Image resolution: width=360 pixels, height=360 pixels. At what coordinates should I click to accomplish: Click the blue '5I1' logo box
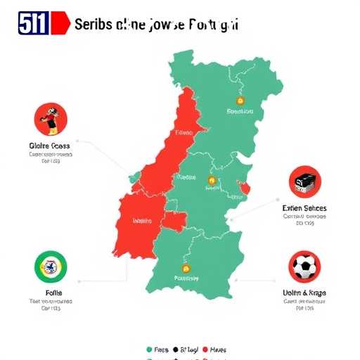coord(34,23)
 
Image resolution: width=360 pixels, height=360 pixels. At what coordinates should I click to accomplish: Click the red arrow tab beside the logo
coord(62,23)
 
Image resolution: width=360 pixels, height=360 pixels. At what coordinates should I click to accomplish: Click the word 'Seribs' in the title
coord(94,24)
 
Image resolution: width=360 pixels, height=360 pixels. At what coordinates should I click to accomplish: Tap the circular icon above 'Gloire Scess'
coord(51,120)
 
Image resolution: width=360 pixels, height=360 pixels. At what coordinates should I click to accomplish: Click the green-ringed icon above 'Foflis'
coord(51,267)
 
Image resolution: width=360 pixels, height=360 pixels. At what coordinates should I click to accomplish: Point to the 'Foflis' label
coord(50,292)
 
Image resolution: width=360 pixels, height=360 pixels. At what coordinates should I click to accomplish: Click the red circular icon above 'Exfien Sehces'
coord(305,183)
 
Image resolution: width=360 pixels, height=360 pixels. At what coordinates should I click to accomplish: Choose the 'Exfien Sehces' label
coord(304,209)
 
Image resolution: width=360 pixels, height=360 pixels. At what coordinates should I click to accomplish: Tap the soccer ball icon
coord(305,267)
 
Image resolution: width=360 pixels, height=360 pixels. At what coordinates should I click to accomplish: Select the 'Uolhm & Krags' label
coord(304,292)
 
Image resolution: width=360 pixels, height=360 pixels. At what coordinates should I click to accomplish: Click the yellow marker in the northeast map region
coord(240,100)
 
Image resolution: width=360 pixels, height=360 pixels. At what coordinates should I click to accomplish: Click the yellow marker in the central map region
coord(209,181)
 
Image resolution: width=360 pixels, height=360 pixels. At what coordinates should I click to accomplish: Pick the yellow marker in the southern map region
coord(186,269)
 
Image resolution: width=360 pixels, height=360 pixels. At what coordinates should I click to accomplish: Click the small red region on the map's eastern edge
coord(245,188)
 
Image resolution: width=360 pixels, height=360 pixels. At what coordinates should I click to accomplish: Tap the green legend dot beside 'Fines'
coord(148,349)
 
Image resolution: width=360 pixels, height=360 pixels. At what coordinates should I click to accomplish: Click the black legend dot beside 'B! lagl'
coord(176,349)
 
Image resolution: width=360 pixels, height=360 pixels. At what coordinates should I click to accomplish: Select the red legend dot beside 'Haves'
coord(205,349)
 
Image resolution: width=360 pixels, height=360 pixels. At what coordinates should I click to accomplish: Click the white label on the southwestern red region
coord(142,220)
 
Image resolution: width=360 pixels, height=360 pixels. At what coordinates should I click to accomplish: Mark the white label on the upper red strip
coord(184,131)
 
